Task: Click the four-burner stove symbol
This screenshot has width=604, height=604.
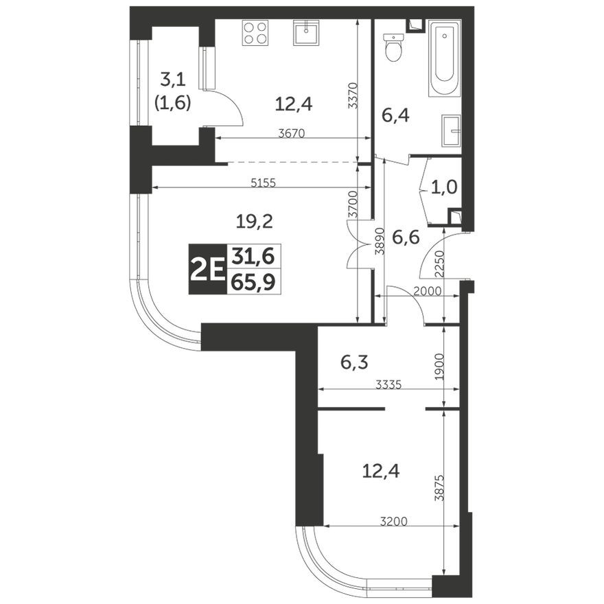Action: point(255,33)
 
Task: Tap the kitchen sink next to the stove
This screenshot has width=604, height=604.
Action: point(305,32)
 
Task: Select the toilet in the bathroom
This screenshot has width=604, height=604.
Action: point(393,48)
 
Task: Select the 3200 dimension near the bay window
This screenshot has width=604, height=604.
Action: point(394,522)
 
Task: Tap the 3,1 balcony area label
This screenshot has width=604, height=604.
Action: point(172,78)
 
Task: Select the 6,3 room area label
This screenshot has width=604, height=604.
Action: point(354,360)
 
